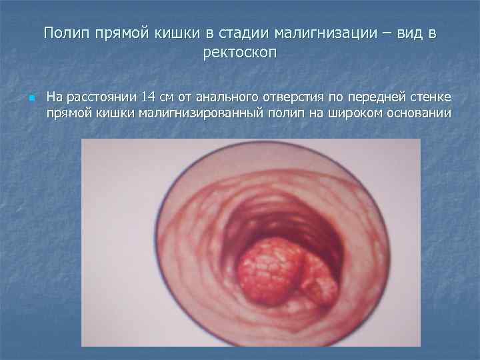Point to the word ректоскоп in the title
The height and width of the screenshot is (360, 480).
tap(239, 53)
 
